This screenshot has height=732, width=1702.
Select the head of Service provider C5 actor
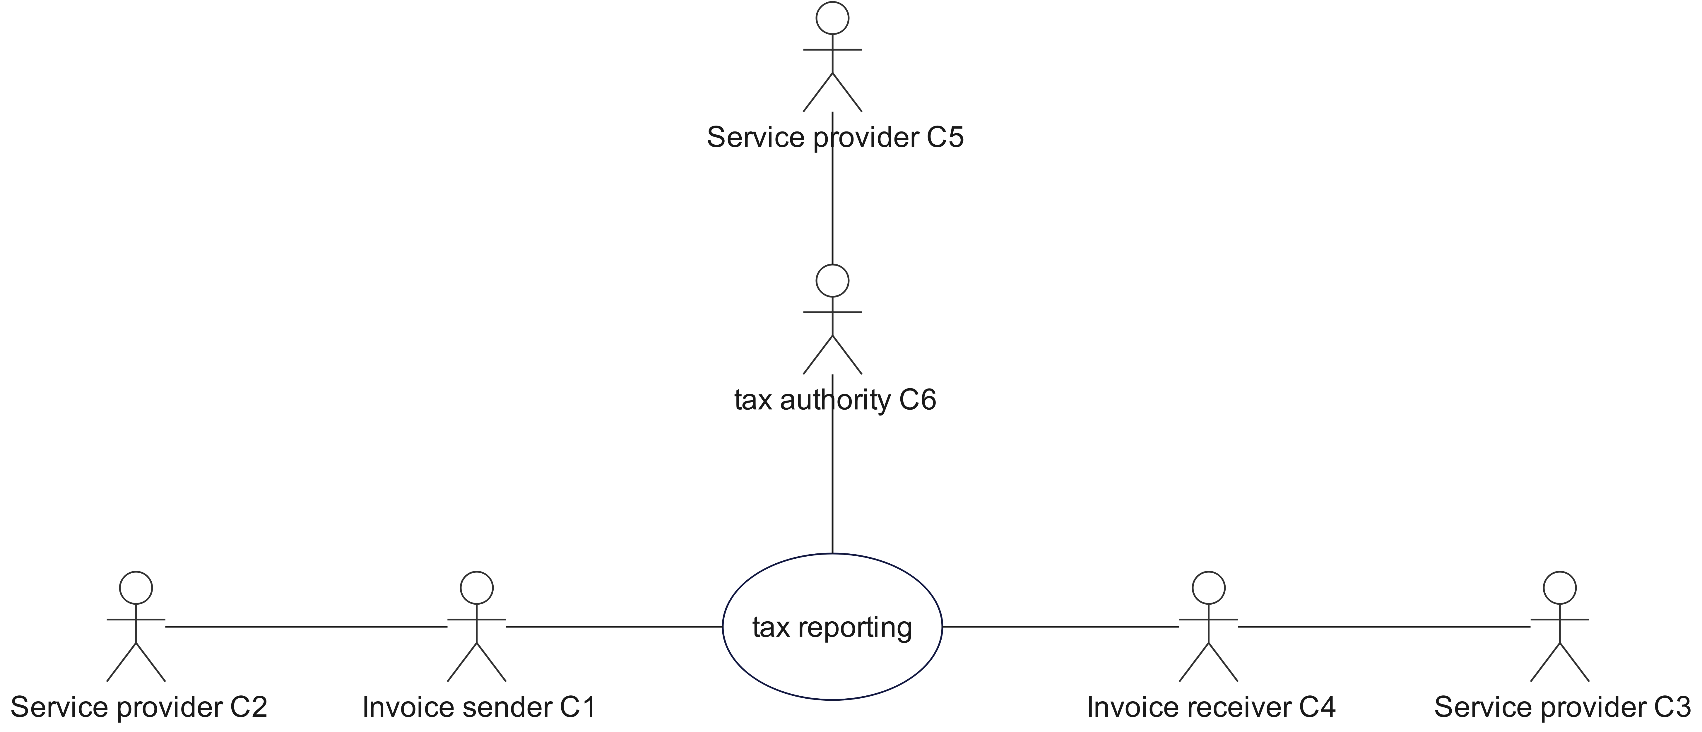832,18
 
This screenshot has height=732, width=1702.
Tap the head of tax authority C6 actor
832,281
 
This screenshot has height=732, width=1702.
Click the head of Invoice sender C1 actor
476,587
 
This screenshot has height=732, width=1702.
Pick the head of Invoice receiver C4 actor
1208,587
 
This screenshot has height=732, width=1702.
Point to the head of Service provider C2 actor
136,587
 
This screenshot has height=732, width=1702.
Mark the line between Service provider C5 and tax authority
832,205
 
